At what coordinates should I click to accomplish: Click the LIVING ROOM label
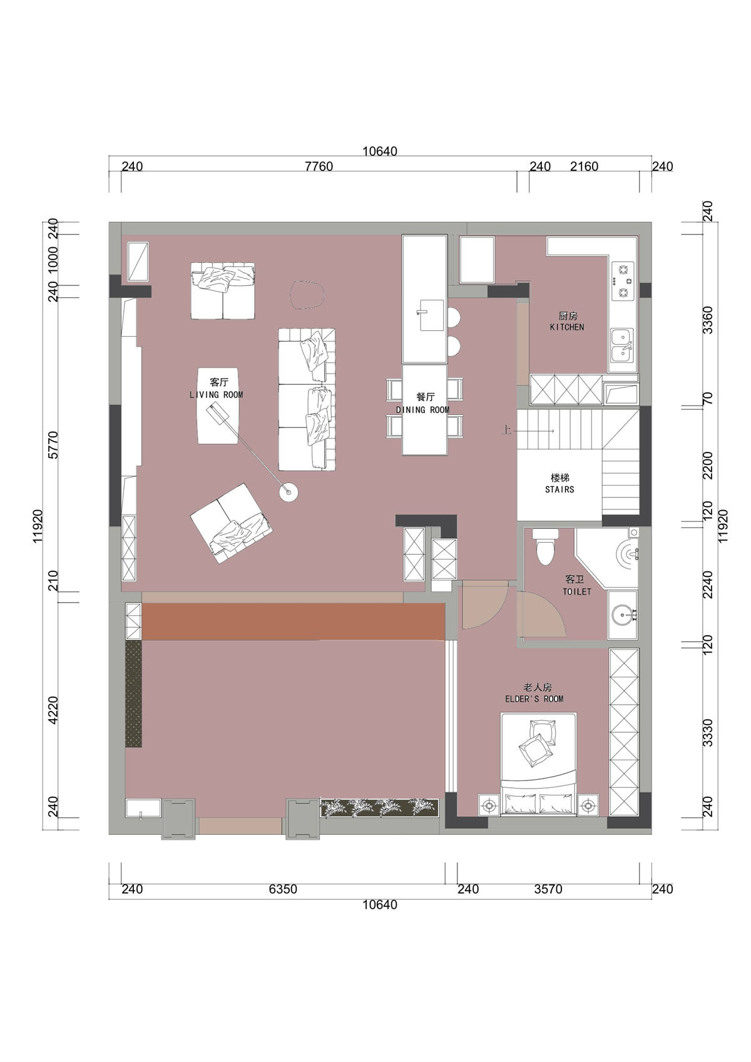216,394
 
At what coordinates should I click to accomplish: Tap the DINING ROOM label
423,410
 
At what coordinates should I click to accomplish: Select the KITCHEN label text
567,327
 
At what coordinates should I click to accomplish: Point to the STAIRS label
559,489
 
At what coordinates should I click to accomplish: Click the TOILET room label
577,591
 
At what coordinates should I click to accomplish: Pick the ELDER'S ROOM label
534,699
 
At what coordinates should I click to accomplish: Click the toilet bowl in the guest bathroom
545,547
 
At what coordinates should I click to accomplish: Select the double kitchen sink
621,345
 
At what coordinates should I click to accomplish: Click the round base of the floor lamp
289,492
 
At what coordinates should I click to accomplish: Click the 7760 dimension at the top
319,166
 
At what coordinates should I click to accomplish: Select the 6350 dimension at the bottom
283,889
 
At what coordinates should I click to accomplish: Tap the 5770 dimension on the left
54,445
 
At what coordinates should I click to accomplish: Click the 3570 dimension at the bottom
548,889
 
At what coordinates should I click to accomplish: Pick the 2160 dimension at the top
584,166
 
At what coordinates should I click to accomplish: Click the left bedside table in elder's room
489,805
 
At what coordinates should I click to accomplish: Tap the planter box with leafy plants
379,808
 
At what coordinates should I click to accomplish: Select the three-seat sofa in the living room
307,399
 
